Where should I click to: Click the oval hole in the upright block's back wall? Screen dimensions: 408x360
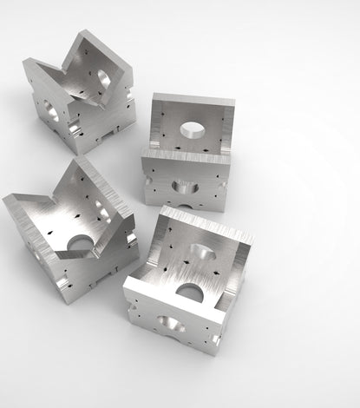click(193, 130)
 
